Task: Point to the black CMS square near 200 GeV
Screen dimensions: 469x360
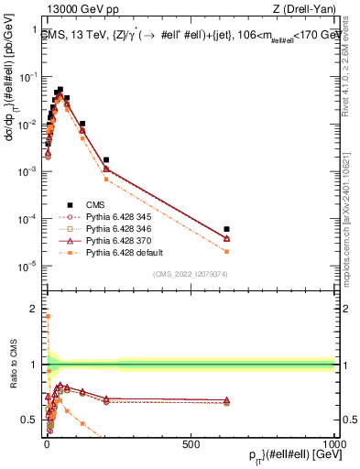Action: click(x=106, y=160)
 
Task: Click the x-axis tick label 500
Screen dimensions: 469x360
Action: click(x=191, y=443)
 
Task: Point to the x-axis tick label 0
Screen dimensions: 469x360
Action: click(x=46, y=443)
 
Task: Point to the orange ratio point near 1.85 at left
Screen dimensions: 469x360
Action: click(x=47, y=317)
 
